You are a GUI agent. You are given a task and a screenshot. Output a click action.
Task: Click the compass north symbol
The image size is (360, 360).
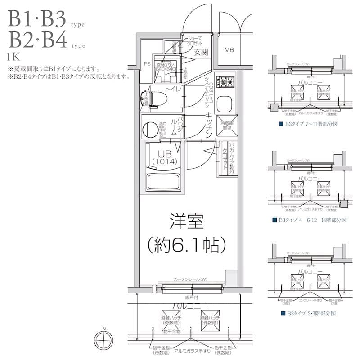point(104,338)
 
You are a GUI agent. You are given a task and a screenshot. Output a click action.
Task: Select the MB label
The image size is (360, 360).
point(229,49)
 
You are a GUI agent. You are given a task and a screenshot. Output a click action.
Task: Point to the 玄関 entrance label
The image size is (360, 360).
point(201,53)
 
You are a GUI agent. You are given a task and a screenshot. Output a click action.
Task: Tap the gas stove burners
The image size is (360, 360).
point(225,82)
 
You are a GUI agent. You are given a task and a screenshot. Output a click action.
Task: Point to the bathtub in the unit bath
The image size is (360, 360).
point(162,181)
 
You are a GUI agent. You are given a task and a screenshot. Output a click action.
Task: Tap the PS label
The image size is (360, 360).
point(147,64)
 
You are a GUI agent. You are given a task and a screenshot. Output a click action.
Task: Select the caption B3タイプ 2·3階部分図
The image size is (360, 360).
point(308,314)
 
